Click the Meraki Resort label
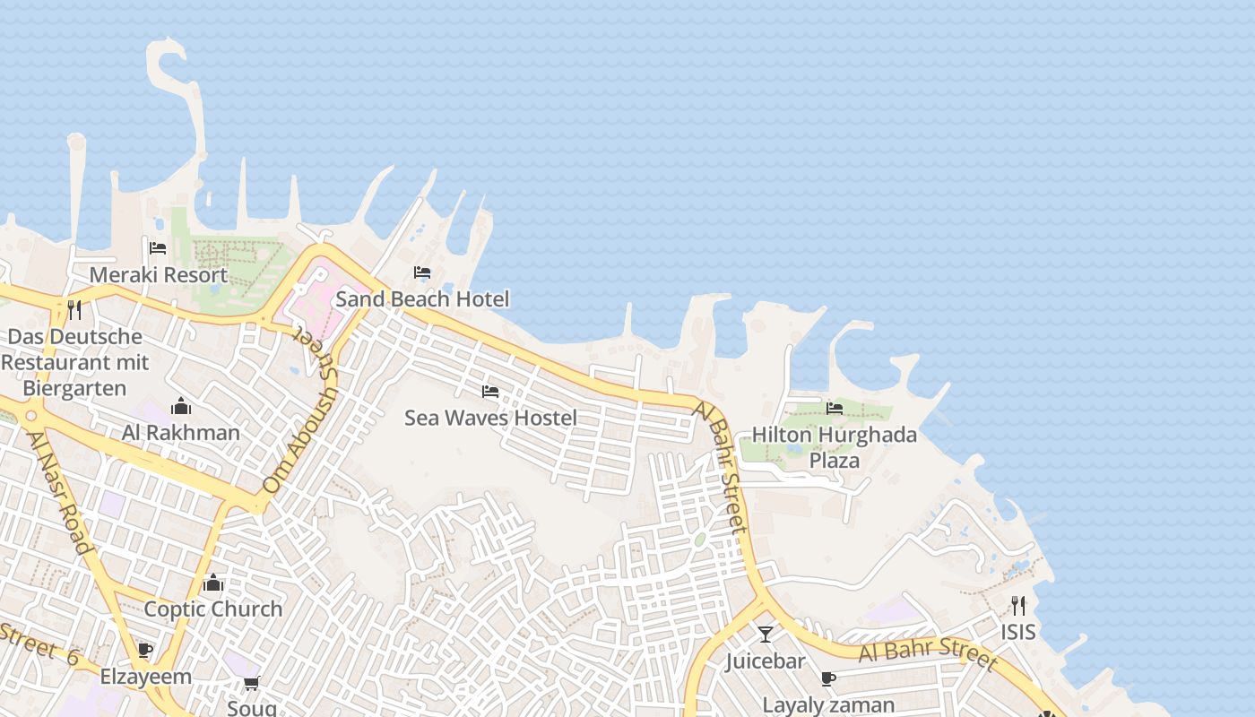pyautogui.click(x=159, y=274)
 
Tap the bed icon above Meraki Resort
pyautogui.click(x=159, y=248)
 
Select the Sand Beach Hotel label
pyautogui.click(x=422, y=298)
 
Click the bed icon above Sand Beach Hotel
pyautogui.click(x=422, y=272)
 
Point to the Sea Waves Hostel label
pyautogui.click(x=490, y=418)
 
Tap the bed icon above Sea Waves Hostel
pyautogui.click(x=490, y=392)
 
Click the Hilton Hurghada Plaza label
pyautogui.click(x=835, y=447)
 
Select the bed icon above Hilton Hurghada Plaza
pyautogui.click(x=835, y=409)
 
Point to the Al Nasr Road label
pyautogui.click(x=59, y=493)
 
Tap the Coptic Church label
pyautogui.click(x=213, y=609)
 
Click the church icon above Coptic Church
pyautogui.click(x=213, y=583)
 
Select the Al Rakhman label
pyautogui.click(x=181, y=433)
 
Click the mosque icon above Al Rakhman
pyautogui.click(x=181, y=407)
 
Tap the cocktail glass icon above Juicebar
pyautogui.click(x=766, y=635)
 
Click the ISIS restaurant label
pyautogui.click(x=1018, y=632)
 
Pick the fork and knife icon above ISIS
pyautogui.click(x=1018, y=606)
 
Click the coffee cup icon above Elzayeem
pyautogui.click(x=145, y=651)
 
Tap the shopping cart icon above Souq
pyautogui.click(x=252, y=684)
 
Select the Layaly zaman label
pyautogui.click(x=828, y=705)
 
